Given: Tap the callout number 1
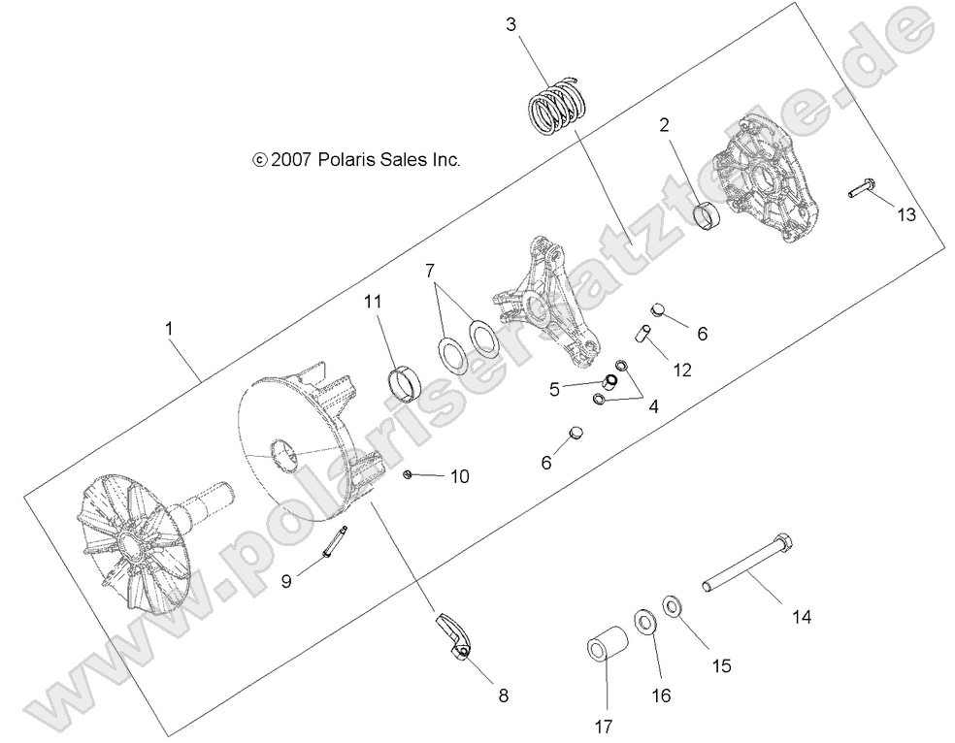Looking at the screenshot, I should coord(170,330).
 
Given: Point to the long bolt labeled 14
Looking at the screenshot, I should coord(748,564).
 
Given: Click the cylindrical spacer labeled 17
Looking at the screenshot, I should coord(609,649).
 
